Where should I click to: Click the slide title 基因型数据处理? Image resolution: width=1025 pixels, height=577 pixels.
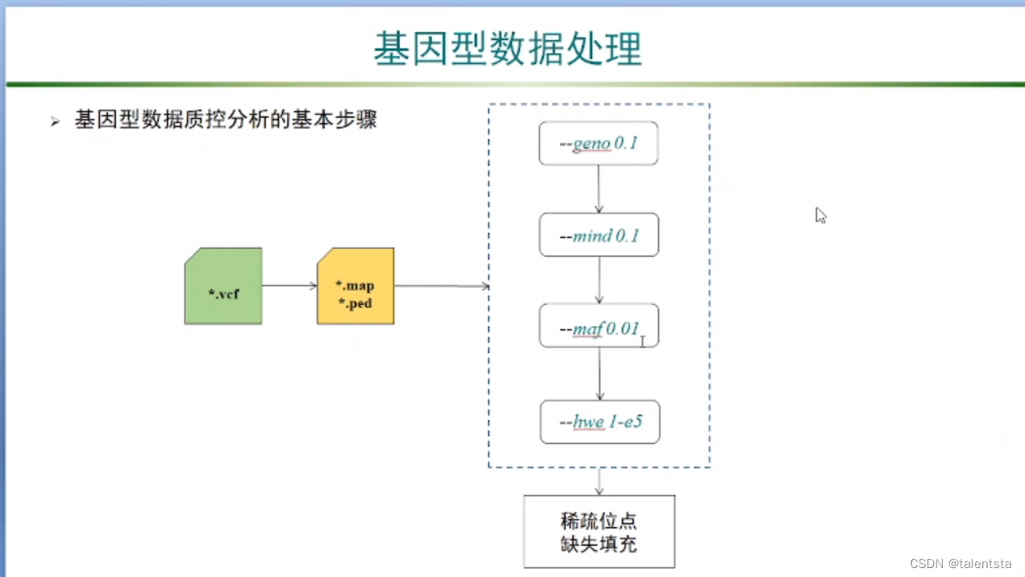[x=508, y=48]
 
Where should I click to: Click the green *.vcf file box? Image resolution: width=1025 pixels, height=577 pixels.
[x=223, y=286]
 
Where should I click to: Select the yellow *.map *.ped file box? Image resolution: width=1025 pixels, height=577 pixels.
[x=355, y=286]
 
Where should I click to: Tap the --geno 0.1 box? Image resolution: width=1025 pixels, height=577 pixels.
[x=598, y=144]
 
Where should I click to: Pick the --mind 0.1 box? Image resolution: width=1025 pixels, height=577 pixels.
[x=599, y=235]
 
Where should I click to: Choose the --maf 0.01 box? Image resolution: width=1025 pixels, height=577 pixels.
[x=599, y=326]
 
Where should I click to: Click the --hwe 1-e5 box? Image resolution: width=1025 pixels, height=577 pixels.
[x=599, y=422]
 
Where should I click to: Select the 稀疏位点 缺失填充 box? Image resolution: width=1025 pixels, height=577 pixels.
[x=599, y=532]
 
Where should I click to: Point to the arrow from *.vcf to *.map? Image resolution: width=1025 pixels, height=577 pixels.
[x=289, y=286]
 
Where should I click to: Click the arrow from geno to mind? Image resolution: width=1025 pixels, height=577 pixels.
[x=599, y=189]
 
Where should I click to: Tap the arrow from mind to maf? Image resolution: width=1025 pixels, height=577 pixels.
[x=599, y=280]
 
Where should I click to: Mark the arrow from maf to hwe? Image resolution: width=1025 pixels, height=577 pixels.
[x=599, y=374]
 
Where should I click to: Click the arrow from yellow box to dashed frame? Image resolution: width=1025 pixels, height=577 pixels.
[x=442, y=286]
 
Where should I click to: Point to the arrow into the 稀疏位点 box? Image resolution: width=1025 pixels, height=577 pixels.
[x=599, y=482]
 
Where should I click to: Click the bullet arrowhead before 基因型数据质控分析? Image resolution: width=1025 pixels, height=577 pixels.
[x=55, y=121]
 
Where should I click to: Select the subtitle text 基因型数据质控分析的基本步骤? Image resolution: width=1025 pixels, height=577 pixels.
[x=226, y=120]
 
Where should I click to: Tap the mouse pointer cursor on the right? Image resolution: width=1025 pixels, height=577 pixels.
[x=820, y=215]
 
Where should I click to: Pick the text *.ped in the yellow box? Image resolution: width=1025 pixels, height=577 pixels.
[x=354, y=303]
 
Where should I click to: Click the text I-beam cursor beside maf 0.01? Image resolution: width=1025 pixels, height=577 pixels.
[x=642, y=341]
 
